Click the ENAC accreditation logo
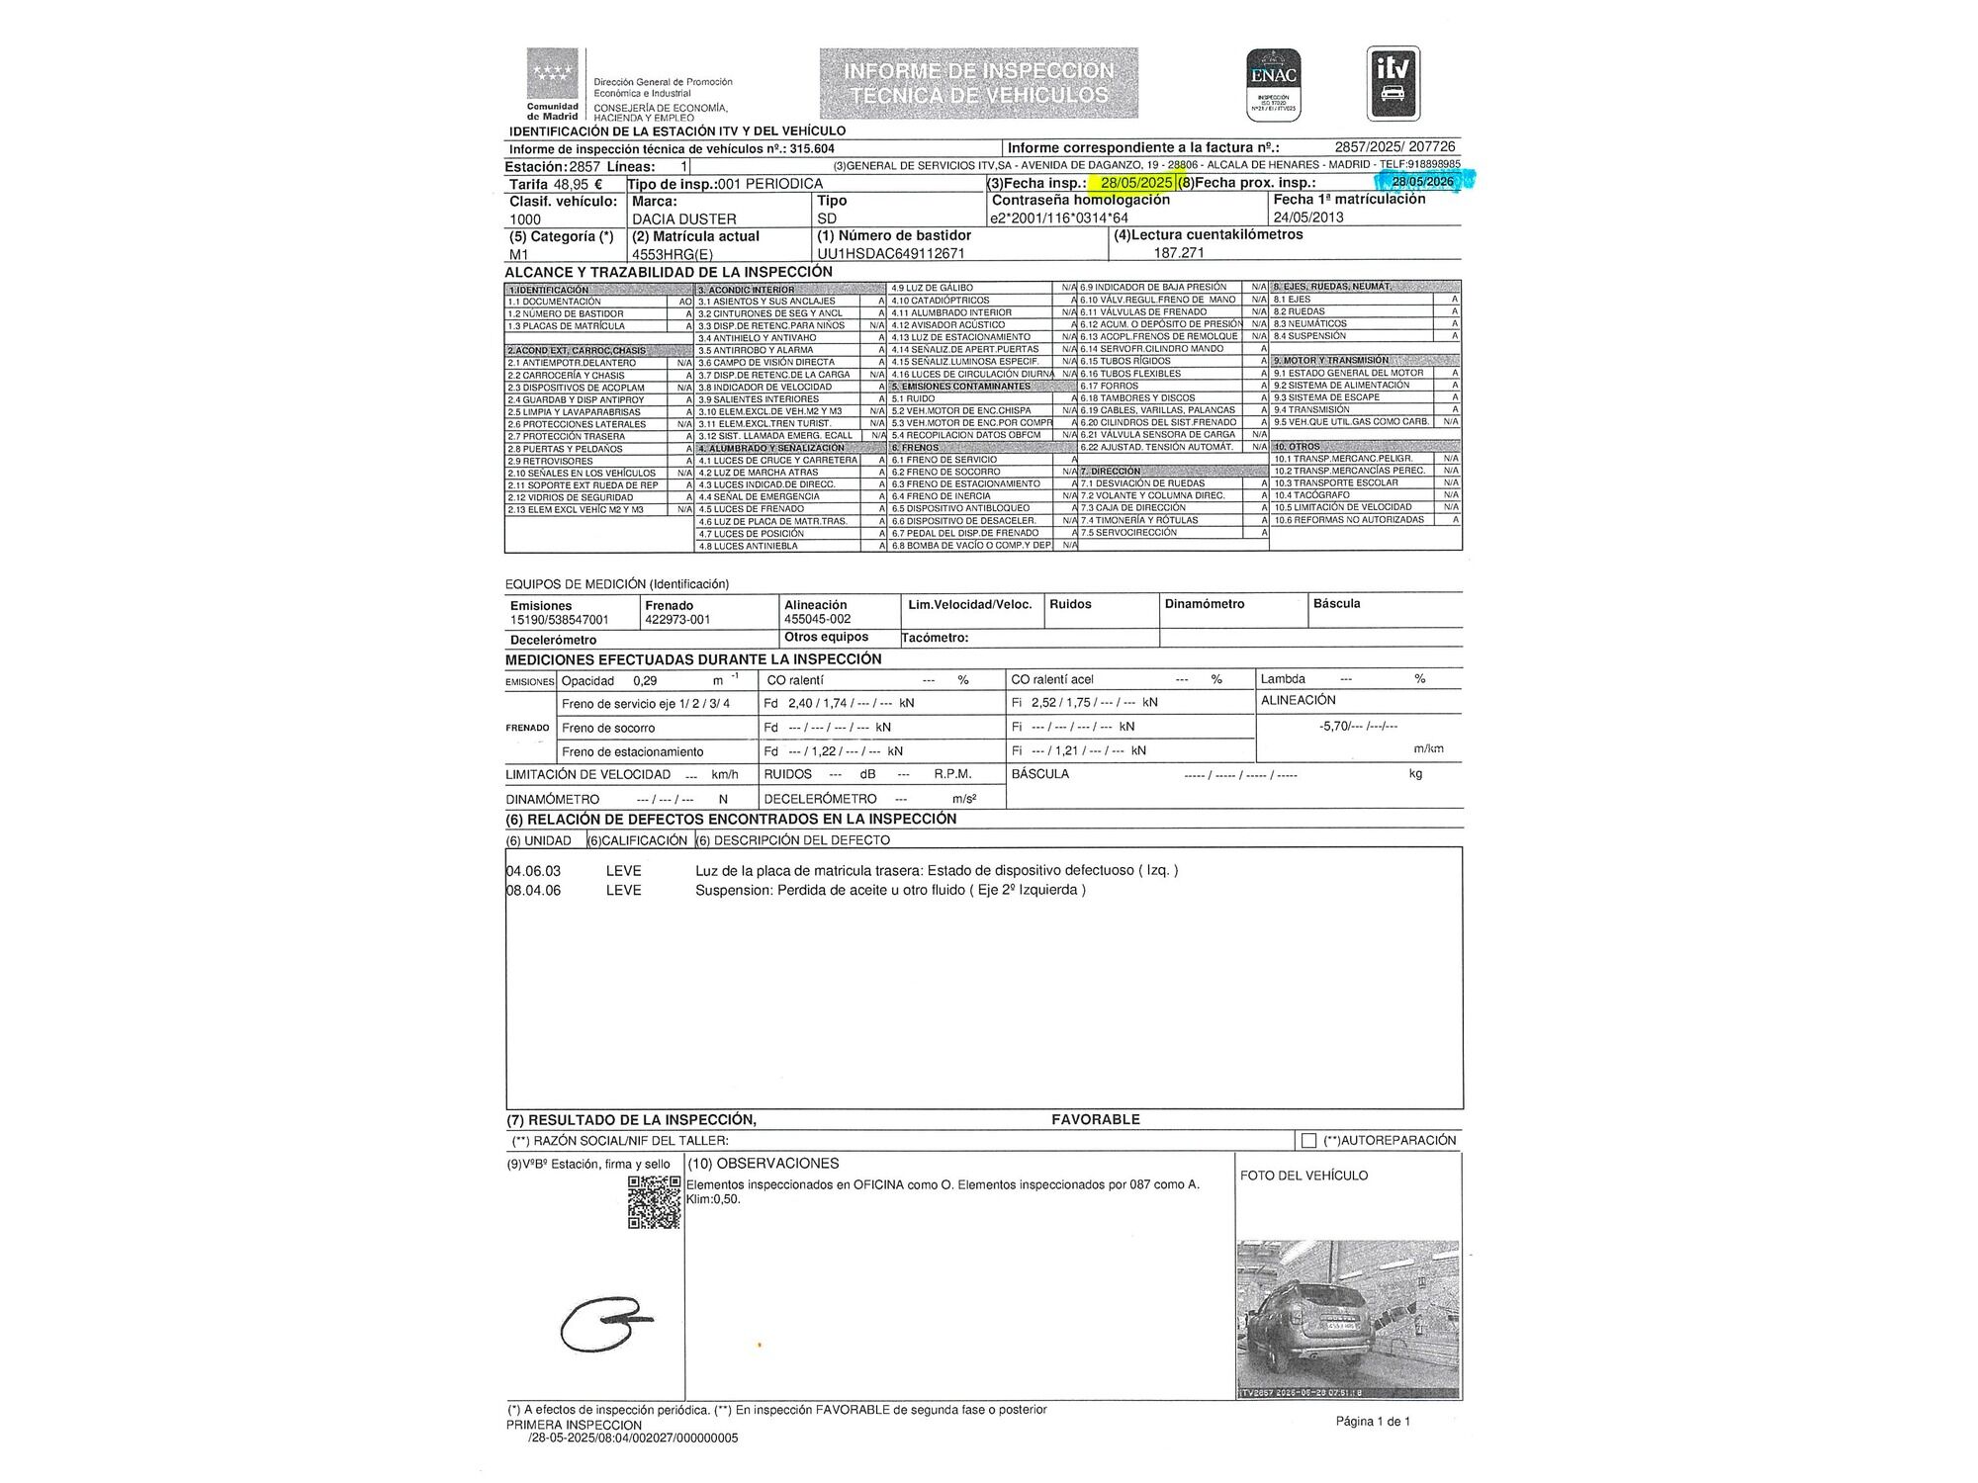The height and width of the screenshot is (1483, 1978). (x=1273, y=84)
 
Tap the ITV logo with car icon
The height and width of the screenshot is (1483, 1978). (x=1393, y=83)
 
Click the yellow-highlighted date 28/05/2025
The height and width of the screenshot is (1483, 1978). (x=1136, y=183)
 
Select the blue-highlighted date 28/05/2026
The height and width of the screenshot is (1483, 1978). (x=1422, y=181)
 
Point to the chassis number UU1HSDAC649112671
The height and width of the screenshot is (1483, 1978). (x=890, y=253)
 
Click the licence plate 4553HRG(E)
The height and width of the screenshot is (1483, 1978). (x=672, y=254)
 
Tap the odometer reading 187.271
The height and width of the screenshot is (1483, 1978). (x=1179, y=253)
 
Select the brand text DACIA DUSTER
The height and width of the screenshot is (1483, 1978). (x=683, y=218)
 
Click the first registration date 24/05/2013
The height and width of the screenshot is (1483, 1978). (x=1308, y=218)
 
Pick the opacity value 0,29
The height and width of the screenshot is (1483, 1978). (x=645, y=681)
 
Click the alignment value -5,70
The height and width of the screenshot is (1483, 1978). (x=1334, y=726)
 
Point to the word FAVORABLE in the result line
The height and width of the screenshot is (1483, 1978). (x=1095, y=1119)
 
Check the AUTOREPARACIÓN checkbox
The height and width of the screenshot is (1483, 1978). (x=1308, y=1141)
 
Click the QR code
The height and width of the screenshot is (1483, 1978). (x=654, y=1202)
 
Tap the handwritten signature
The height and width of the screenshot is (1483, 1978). (x=603, y=1323)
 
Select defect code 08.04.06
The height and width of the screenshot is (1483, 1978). (x=533, y=890)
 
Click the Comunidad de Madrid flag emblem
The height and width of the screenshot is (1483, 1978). (x=553, y=74)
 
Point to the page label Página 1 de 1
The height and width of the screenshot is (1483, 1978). (x=1373, y=1421)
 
